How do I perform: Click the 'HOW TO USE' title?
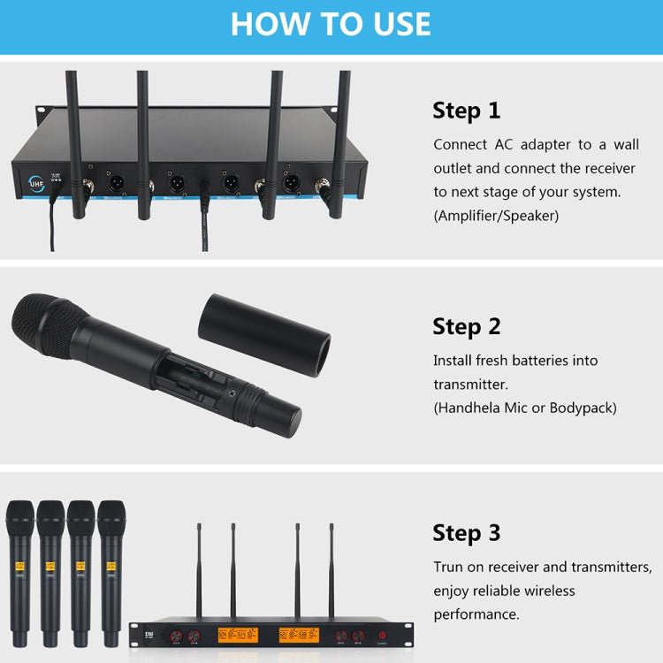(331, 24)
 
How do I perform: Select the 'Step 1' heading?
(466, 110)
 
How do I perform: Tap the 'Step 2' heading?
(466, 326)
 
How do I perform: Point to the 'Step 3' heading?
(466, 533)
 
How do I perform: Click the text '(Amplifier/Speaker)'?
(496, 215)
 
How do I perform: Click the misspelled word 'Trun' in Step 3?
(449, 567)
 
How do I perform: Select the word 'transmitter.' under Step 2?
(470, 385)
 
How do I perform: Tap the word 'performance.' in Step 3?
(475, 613)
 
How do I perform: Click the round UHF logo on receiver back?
(36, 183)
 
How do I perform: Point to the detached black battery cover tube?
(263, 330)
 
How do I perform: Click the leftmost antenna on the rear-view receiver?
(74, 141)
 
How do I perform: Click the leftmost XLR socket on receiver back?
(116, 184)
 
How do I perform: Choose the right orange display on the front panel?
(298, 635)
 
